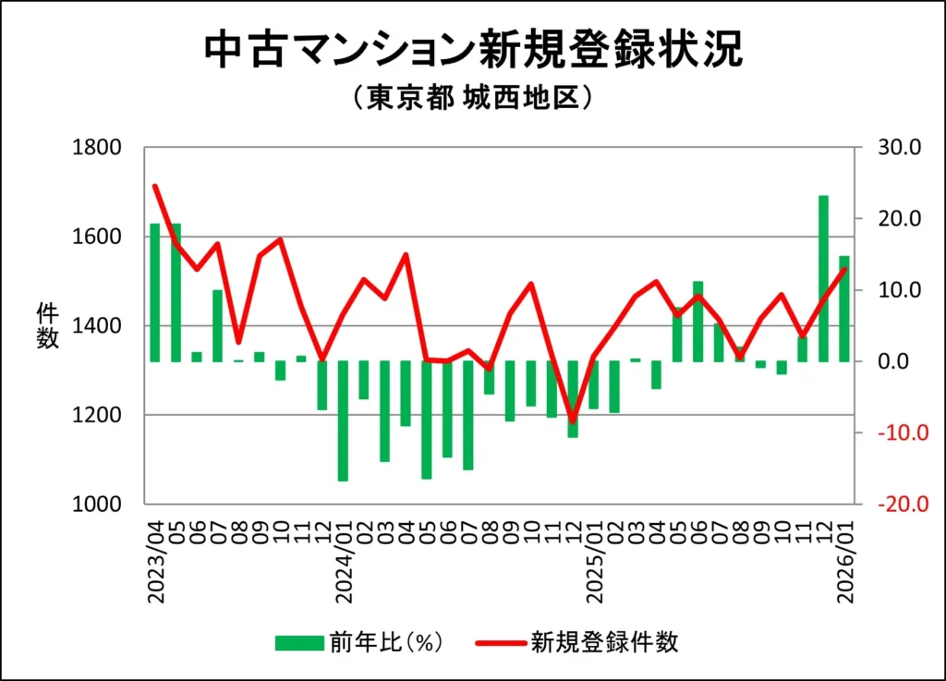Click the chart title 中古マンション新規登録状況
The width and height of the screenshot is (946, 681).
click(472, 51)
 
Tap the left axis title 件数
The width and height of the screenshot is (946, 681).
click(47, 325)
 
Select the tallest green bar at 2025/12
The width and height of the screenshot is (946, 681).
click(823, 277)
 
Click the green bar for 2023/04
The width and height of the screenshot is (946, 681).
click(155, 292)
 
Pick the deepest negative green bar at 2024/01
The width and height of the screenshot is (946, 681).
click(343, 420)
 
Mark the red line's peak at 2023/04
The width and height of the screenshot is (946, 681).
click(155, 186)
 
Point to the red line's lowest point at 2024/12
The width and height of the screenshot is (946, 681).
click(573, 421)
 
